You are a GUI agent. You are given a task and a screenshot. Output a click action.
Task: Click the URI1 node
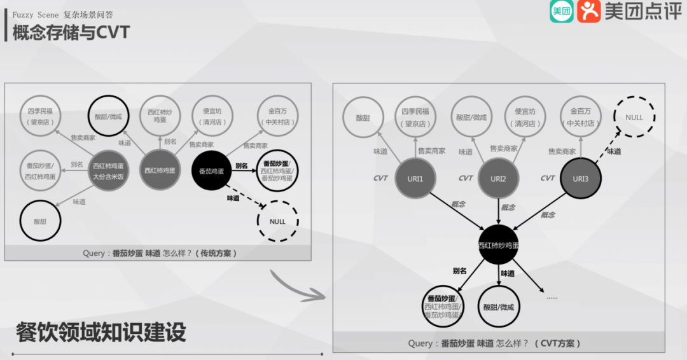[415, 179]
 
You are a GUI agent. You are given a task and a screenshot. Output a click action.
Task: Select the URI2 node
[498, 179]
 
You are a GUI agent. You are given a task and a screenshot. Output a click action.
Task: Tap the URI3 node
[580, 179]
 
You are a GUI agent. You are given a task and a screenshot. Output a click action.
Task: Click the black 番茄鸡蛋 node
[211, 170]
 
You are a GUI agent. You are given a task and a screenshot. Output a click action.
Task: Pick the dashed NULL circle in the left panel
[277, 221]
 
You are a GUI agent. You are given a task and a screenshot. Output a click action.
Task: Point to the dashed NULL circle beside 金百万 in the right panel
[634, 117]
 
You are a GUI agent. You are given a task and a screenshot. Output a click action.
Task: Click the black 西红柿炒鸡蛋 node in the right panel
[498, 245]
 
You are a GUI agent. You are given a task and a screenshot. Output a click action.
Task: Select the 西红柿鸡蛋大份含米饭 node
[108, 170]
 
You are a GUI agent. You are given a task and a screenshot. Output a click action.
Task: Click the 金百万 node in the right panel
[581, 118]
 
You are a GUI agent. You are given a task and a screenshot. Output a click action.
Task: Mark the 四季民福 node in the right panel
[415, 118]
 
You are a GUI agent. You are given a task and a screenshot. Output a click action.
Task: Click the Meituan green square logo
[561, 11]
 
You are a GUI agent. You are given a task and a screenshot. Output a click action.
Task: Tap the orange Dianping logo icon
[588, 11]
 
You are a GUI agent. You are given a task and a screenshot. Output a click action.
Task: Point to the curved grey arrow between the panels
[295, 287]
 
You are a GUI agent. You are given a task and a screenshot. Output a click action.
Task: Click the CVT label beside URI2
[466, 178]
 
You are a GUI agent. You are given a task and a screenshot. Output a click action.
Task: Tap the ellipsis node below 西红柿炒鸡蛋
[552, 296]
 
